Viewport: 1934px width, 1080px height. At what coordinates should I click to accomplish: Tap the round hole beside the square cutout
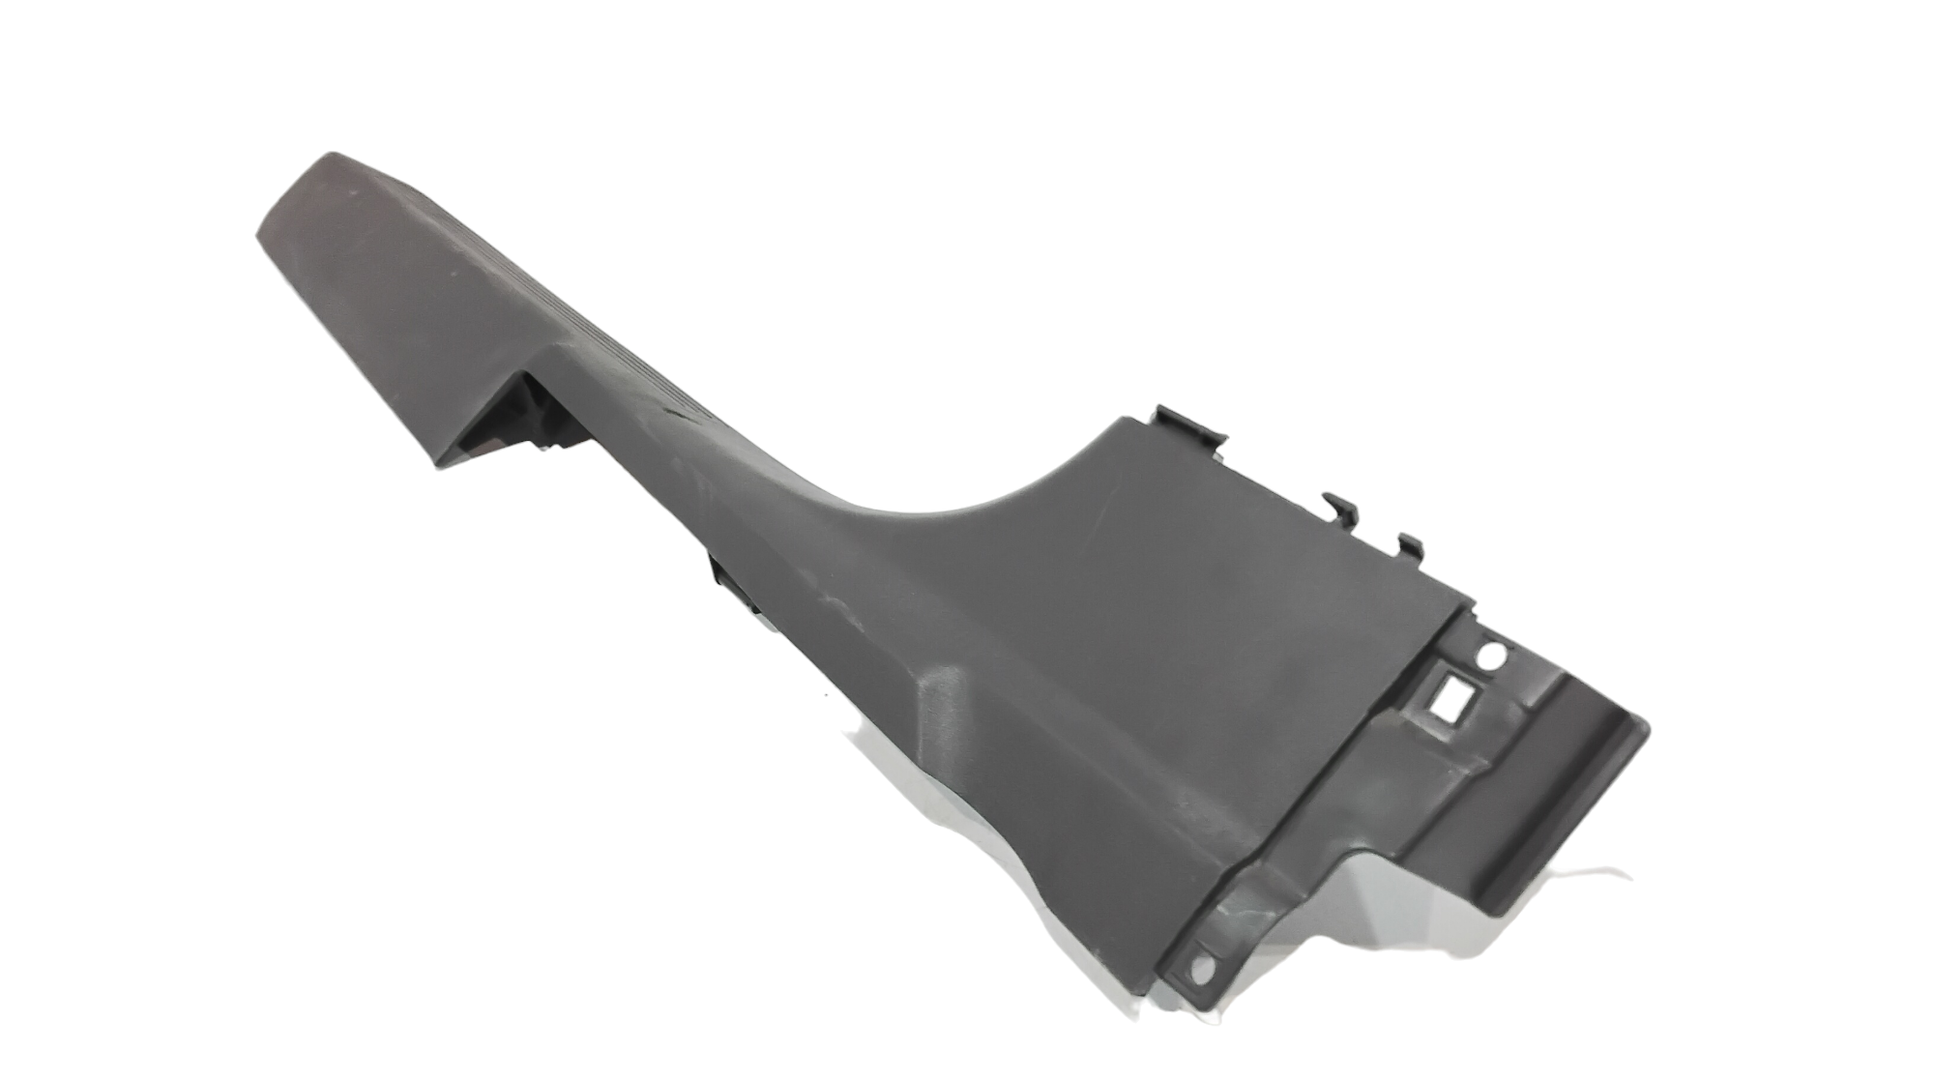coord(1490,657)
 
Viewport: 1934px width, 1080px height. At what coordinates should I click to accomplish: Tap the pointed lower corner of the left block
coord(440,466)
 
